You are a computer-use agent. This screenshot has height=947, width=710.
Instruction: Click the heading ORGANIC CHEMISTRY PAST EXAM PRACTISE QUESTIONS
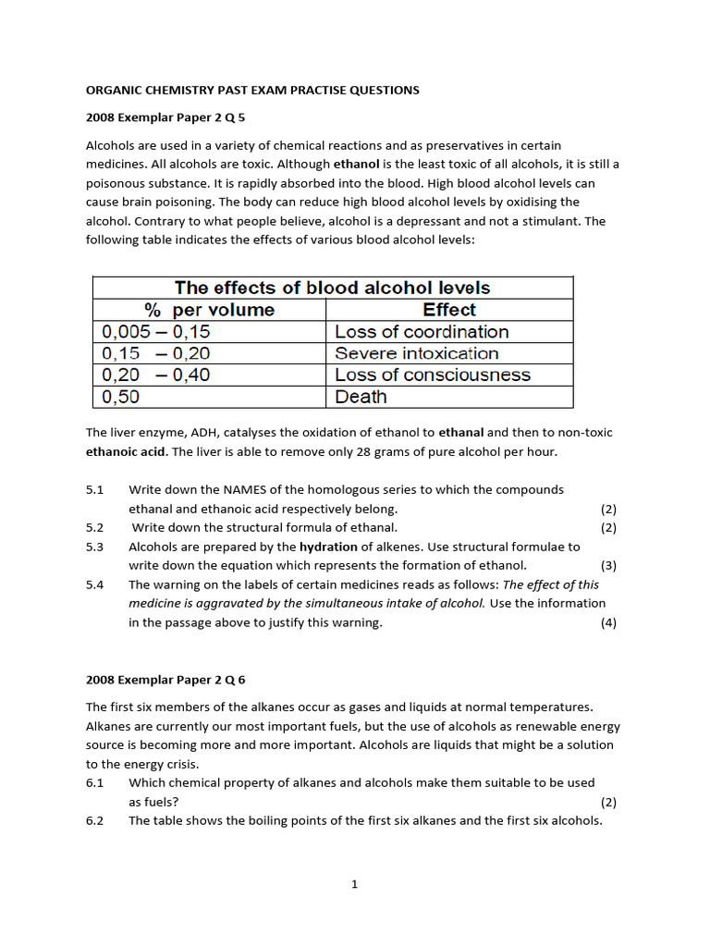(x=252, y=90)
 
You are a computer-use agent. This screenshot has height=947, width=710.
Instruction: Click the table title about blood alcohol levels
(x=333, y=288)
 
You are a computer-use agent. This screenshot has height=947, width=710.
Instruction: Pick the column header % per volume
(x=209, y=310)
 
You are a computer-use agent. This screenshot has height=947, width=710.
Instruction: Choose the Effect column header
(x=449, y=310)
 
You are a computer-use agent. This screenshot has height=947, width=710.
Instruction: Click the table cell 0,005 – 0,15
(x=156, y=331)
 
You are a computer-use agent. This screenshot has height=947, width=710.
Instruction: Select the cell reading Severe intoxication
(x=416, y=353)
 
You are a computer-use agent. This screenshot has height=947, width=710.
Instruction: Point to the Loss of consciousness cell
(x=432, y=375)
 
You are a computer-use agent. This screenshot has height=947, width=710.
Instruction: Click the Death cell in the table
(x=361, y=397)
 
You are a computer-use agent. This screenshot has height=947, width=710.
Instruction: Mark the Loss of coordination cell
(x=422, y=331)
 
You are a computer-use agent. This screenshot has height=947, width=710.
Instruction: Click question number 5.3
(x=95, y=547)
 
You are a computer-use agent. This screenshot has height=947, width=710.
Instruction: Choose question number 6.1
(x=95, y=782)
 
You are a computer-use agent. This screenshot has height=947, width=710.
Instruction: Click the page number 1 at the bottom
(x=354, y=884)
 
